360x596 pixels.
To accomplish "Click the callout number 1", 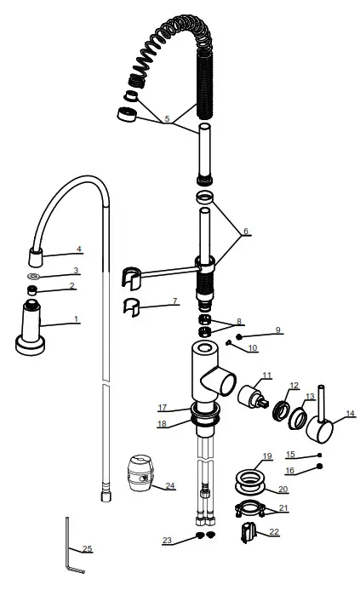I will [x=76, y=319].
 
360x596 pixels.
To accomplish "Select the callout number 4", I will [x=78, y=249].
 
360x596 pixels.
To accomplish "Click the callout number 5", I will [x=168, y=118].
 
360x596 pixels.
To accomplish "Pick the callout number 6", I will [x=245, y=231].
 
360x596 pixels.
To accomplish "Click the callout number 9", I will [x=277, y=330].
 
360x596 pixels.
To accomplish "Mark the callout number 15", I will [x=291, y=454].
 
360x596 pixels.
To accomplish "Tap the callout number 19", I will [x=266, y=456].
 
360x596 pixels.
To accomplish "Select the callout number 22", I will [x=274, y=532].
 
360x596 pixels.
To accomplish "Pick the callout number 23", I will [x=167, y=541].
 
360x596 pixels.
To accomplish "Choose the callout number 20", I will [x=283, y=490].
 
